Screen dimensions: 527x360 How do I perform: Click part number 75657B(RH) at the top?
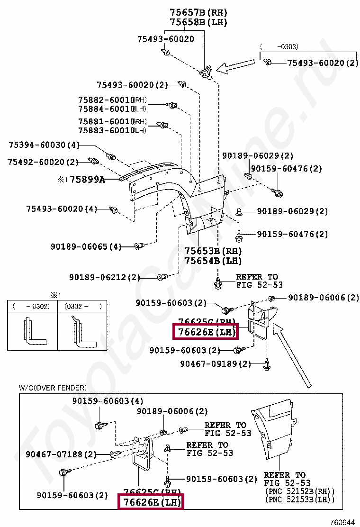pyautogui.click(x=198, y=12)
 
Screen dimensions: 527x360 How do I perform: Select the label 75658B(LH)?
pyautogui.click(x=198, y=22)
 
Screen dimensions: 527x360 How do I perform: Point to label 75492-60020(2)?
pyautogui.click(x=43, y=162)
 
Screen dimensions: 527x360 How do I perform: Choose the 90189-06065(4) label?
pyautogui.click(x=86, y=246)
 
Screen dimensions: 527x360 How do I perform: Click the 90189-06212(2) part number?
pyautogui.click(x=105, y=277)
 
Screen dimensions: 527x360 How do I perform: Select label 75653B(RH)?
pyautogui.click(x=213, y=251)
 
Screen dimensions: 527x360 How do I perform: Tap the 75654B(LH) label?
pyautogui.click(x=213, y=261)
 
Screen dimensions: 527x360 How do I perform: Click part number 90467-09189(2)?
pyautogui.click(x=216, y=364)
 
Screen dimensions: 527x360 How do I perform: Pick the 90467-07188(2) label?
pyautogui.click(x=61, y=454)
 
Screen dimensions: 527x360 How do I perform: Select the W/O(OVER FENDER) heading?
pyautogui.click(x=53, y=388)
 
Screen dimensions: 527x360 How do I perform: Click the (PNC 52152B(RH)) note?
pyautogui.click(x=299, y=491)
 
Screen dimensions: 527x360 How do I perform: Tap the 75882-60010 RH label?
pyautogui.click(x=113, y=100)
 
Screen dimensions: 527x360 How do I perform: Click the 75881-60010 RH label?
pyautogui.click(x=113, y=121)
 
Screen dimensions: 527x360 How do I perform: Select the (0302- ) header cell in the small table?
pyautogui.click(x=83, y=306)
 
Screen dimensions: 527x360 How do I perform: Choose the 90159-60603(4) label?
pyautogui.click(x=108, y=401)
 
